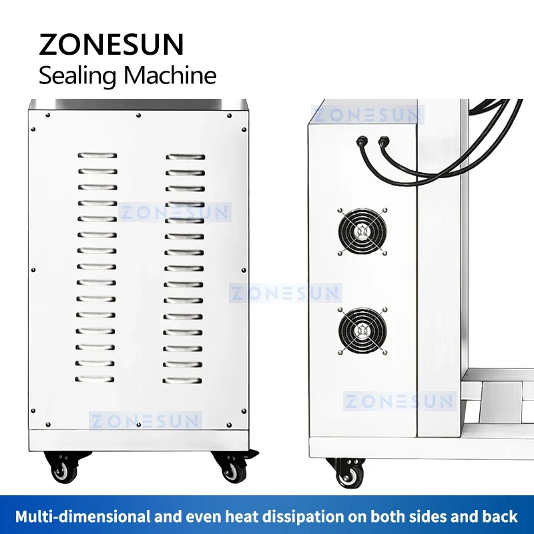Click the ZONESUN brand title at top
point(111,45)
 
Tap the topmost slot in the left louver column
point(96,156)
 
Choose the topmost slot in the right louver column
point(186,158)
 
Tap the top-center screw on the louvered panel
point(138,115)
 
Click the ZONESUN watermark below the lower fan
point(399,401)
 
